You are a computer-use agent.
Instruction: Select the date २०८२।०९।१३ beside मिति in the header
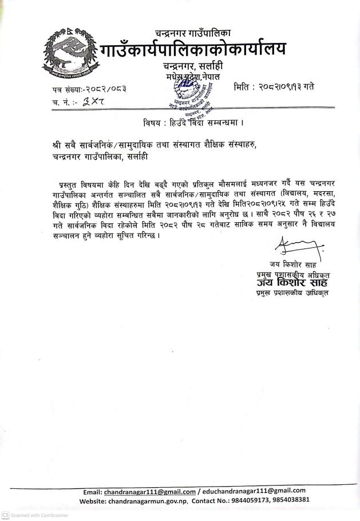click(275, 88)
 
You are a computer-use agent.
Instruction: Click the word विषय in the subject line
click(154, 123)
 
